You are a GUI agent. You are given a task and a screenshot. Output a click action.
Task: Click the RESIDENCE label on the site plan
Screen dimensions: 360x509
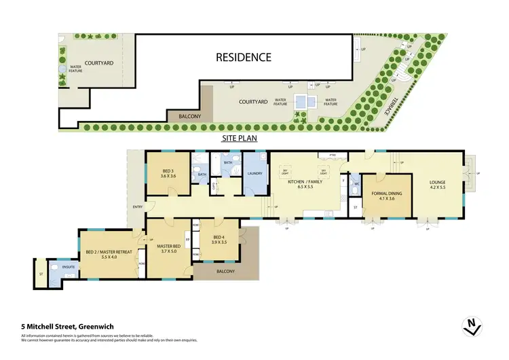(244, 57)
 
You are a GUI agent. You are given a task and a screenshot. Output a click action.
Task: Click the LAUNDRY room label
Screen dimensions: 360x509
(255, 173)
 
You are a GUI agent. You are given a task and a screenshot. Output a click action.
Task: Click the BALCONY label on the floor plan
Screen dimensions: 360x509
(225, 272)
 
